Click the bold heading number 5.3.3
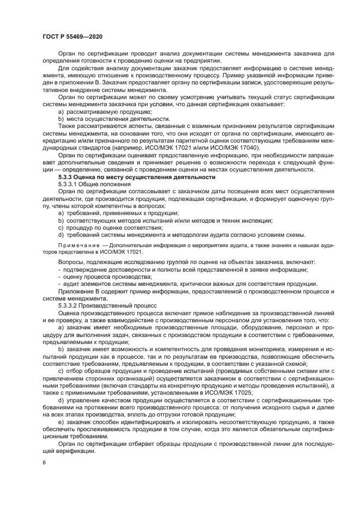[x=67, y=177]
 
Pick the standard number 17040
[x=253, y=148]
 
